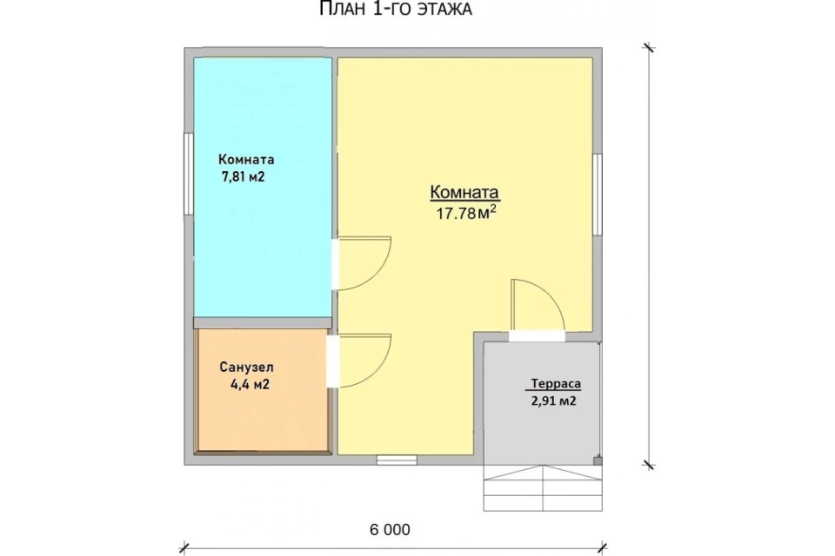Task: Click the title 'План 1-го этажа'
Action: pyautogui.click(x=395, y=9)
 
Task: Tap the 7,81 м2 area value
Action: pyautogui.click(x=243, y=176)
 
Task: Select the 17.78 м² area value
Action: pyautogui.click(x=466, y=213)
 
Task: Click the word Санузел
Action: pyautogui.click(x=246, y=367)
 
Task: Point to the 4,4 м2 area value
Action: pyautogui.click(x=250, y=384)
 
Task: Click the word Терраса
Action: pyautogui.click(x=556, y=384)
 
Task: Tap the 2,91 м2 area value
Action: pyautogui.click(x=553, y=400)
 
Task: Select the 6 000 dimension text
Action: pyautogui.click(x=390, y=530)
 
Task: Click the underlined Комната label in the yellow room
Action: pyautogui.click(x=464, y=192)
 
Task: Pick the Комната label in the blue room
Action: pyautogui.click(x=246, y=160)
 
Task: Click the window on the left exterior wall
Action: pyautogui.click(x=188, y=174)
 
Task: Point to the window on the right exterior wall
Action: pyautogui.click(x=598, y=195)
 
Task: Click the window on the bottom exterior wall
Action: pyautogui.click(x=397, y=460)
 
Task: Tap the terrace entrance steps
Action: pyautogui.click(x=543, y=488)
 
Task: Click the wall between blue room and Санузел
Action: pyautogui.click(x=263, y=322)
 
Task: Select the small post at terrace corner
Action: pyautogui.click(x=598, y=460)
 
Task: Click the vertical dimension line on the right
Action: pyautogui.click(x=649, y=256)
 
